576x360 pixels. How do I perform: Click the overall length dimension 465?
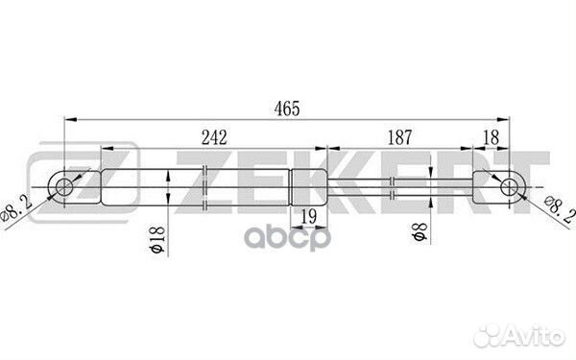pyautogui.click(x=287, y=108)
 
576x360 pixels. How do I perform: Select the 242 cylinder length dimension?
pyautogui.click(x=214, y=137)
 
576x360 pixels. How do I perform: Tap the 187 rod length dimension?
pyautogui.click(x=400, y=137)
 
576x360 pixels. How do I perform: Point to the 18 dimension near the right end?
pyautogui.click(x=492, y=137)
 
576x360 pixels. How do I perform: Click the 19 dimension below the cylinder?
pyautogui.click(x=309, y=216)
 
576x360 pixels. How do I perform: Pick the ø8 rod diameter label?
pyautogui.click(x=420, y=231)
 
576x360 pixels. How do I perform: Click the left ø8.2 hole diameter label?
pyautogui.click(x=16, y=210)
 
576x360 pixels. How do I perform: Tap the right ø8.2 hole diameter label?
pyautogui.click(x=560, y=210)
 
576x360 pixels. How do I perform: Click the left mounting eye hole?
pyautogui.click(x=64, y=187)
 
